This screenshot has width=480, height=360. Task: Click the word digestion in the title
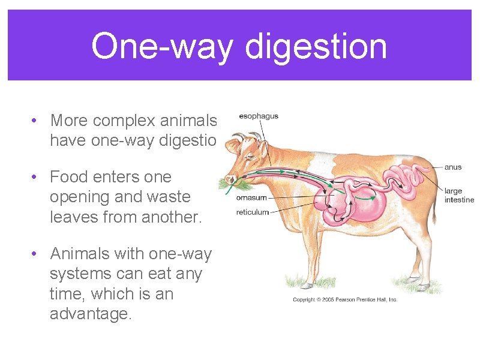tap(316, 46)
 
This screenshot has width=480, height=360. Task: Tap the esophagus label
tap(259, 116)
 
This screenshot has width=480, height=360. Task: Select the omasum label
tap(251, 197)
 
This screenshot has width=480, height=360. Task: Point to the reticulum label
tap(253, 212)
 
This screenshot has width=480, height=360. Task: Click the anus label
tap(453, 167)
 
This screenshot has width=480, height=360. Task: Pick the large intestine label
tap(459, 195)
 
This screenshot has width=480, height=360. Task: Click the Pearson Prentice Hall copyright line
tap(345, 299)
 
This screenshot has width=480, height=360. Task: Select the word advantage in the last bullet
tap(90, 314)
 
